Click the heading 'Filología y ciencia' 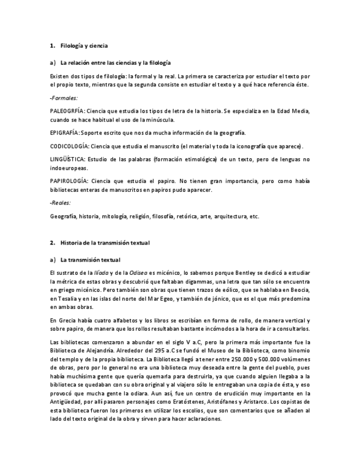84,46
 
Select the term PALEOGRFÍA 67,111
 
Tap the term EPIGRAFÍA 64,132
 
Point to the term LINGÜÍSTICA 67,159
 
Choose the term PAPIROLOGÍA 68,181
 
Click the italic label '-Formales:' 64,97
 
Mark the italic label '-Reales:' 60,203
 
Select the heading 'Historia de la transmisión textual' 104,242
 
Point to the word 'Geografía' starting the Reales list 63,217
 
